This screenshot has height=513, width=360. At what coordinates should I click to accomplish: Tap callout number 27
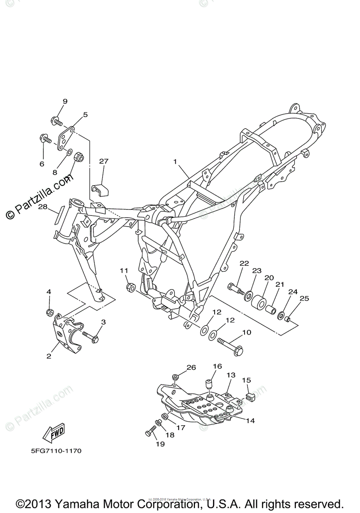pyautogui.click(x=104, y=161)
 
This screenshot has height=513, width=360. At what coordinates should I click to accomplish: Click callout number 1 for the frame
pyautogui.click(x=175, y=162)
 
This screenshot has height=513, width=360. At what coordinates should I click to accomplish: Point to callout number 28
pyautogui.click(x=42, y=207)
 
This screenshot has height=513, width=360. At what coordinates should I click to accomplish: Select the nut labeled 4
pyautogui.click(x=50, y=312)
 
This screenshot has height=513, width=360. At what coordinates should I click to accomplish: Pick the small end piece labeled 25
pyautogui.click(x=288, y=318)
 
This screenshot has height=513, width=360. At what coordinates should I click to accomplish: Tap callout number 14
pyautogui.click(x=250, y=421)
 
